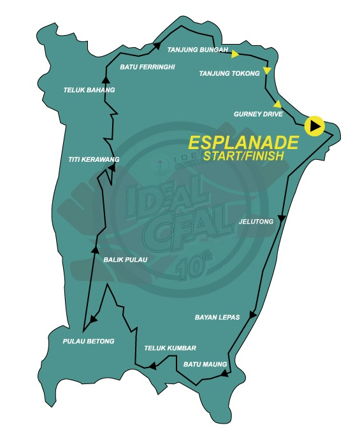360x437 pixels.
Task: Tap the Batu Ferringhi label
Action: [x=147, y=66]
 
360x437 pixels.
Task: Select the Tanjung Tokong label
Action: [x=229, y=73]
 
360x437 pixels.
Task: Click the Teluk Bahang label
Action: [x=89, y=90]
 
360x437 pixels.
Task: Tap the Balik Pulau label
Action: [x=125, y=259]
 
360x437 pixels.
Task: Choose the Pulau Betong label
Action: [x=89, y=341]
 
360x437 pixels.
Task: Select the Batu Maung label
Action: [x=205, y=364]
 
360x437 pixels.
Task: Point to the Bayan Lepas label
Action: [x=217, y=317]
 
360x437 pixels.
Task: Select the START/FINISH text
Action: [x=243, y=155]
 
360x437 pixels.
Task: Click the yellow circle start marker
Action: [x=314, y=125]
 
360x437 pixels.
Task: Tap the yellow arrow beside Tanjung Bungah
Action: [x=235, y=54]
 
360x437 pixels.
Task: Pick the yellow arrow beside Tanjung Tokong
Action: [x=268, y=70]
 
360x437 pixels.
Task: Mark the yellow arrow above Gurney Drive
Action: [x=277, y=104]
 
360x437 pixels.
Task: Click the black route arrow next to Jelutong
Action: [x=281, y=218]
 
